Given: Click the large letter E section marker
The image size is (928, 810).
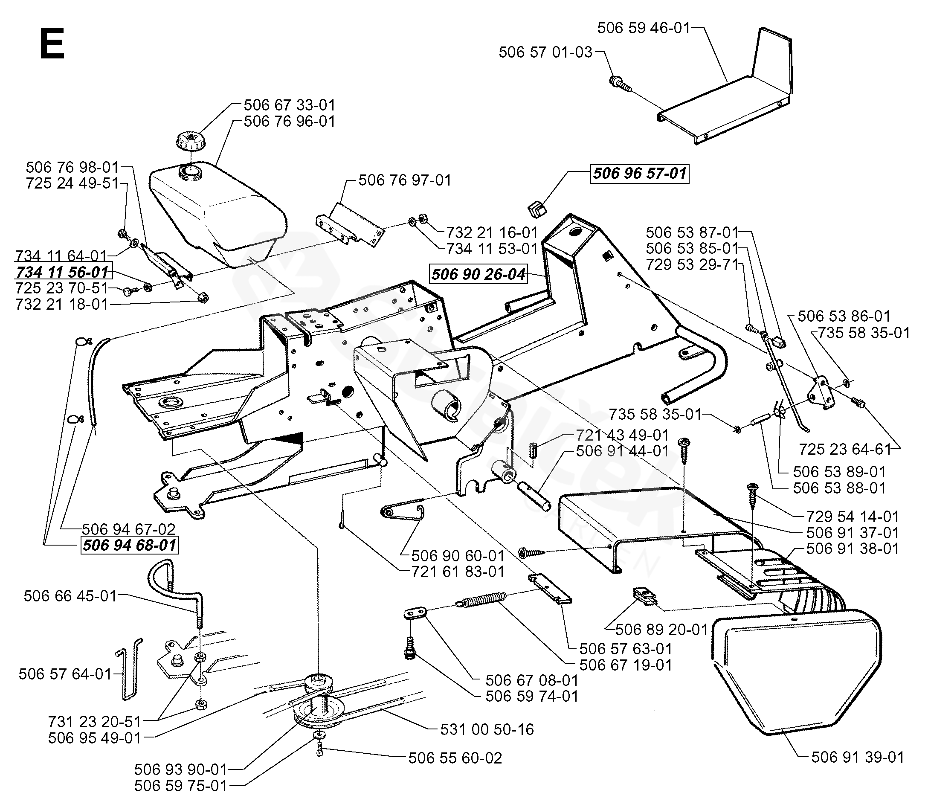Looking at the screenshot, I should (x=52, y=44).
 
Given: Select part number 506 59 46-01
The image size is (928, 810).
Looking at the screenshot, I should (x=644, y=28).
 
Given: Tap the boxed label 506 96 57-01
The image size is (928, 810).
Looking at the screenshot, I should (x=640, y=174).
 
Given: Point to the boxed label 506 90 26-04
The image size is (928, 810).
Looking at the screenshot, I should (x=478, y=274).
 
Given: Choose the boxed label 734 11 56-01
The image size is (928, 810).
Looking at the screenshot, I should (x=63, y=272).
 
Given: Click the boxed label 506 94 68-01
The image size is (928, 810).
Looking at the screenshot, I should (x=129, y=545).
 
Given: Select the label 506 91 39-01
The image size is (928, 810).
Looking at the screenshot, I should (x=858, y=757).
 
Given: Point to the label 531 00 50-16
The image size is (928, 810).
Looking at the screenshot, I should (x=487, y=729).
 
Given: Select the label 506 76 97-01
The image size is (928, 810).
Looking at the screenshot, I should (x=405, y=180).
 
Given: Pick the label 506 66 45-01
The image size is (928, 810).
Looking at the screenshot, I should (x=70, y=596).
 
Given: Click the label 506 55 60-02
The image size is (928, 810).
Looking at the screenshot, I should (x=455, y=758).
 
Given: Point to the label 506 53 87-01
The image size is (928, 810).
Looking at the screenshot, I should (x=692, y=232).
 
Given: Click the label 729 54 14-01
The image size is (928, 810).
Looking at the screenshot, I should (x=853, y=516).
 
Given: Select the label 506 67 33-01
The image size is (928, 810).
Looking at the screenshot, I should (x=289, y=105).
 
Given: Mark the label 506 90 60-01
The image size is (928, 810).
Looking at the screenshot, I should (x=458, y=555).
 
